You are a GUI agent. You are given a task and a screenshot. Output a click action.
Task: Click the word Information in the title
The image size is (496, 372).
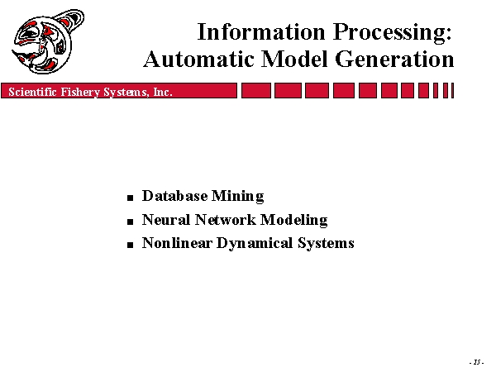261,32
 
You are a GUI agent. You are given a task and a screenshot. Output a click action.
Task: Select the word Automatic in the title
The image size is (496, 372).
198,60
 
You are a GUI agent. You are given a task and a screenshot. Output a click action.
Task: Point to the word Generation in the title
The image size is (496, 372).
394,60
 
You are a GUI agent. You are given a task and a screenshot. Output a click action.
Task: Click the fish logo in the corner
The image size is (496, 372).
48,42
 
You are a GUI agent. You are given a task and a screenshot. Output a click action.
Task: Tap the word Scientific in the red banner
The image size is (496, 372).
32,92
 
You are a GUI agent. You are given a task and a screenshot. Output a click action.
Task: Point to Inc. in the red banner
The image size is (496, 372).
163,92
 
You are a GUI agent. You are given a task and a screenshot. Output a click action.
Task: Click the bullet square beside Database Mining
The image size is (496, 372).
131,198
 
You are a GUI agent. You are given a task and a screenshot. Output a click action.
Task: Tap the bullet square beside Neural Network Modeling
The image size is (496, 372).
131,222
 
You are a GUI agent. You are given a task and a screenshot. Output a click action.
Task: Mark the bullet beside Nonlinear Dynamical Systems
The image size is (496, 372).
131,245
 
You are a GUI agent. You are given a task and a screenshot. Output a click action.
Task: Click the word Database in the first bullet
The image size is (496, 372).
175,196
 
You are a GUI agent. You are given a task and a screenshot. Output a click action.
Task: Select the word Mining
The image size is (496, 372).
238,197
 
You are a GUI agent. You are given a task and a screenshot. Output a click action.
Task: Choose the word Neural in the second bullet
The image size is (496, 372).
166,220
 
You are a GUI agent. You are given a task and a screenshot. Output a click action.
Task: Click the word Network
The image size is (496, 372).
225,220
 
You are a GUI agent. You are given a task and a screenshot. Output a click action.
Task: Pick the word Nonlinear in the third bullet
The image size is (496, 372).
177,243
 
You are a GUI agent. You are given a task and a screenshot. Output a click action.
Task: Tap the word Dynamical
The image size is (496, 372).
255,244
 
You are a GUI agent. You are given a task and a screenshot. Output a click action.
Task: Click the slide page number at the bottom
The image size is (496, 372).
477,362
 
